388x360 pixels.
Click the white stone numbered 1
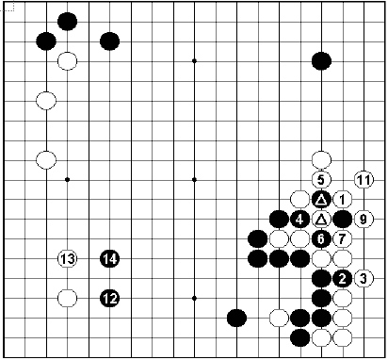342,199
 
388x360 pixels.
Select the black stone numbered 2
342,278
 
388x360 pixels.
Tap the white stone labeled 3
364,278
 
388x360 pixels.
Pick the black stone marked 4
299,219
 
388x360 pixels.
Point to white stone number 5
321,179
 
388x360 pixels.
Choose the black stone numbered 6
321,238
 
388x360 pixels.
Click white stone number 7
342,238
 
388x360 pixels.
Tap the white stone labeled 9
364,219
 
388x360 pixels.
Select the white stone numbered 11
364,179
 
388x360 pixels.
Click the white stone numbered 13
67,258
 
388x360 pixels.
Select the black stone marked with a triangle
321,199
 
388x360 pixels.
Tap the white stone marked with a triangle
321,219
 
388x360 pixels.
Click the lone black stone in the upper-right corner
321,61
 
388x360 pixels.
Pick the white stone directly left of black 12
67,298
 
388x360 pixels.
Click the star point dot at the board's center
194,179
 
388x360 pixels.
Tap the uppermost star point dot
194,61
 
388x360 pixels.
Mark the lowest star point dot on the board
194,298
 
